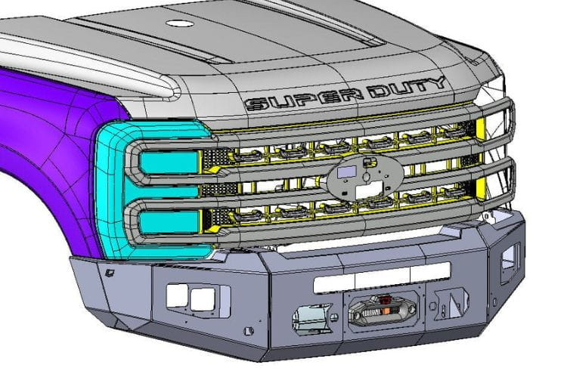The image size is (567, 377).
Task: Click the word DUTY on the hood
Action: [x=408, y=87]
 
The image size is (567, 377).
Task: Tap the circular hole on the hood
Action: [x=180, y=23]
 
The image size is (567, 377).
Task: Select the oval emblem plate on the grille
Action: [x=366, y=177]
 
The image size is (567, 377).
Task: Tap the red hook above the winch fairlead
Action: [x=383, y=300]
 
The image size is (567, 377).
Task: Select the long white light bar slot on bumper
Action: [x=382, y=277]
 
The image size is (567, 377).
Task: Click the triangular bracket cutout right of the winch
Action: [x=452, y=302]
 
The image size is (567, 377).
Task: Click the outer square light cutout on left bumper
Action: [x=177, y=295]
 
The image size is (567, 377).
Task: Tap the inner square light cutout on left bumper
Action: [x=203, y=299]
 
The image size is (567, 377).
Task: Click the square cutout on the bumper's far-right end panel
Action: [x=510, y=258]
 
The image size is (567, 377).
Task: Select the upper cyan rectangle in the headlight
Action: [x=169, y=162]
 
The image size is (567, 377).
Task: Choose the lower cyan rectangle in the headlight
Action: [x=169, y=222]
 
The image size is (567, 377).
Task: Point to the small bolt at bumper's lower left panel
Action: [x=248, y=330]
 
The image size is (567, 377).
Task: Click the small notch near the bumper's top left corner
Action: [x=109, y=273]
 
